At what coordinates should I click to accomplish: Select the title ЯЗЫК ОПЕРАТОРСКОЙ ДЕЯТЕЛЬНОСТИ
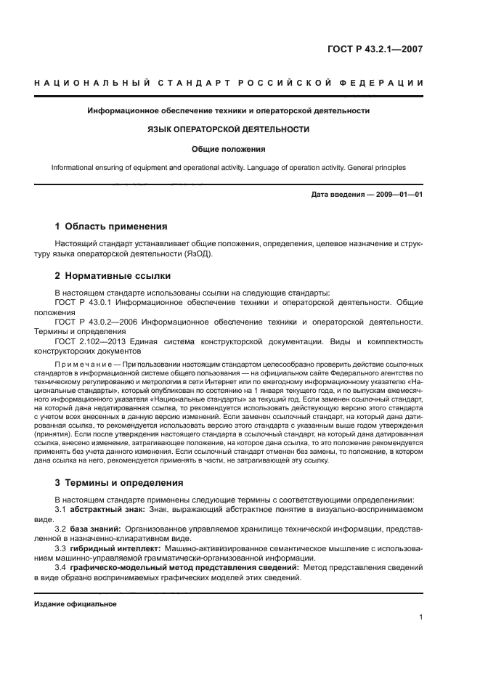click(229, 129)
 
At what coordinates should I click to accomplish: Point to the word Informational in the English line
click(75, 167)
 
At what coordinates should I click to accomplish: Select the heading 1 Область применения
click(111, 226)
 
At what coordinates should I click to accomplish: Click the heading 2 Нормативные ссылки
click(113, 276)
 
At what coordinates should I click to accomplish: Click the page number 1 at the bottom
click(420, 618)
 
